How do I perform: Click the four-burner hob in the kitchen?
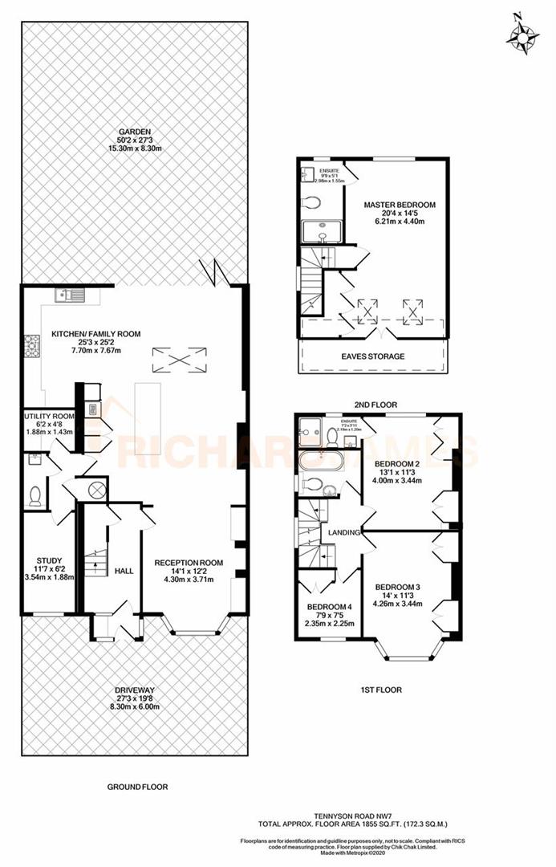click(x=32, y=345)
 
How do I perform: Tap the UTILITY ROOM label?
click(x=49, y=417)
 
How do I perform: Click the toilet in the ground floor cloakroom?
click(x=34, y=497)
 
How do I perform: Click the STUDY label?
click(x=49, y=560)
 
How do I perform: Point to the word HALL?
click(x=124, y=571)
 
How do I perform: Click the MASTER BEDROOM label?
click(x=399, y=206)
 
